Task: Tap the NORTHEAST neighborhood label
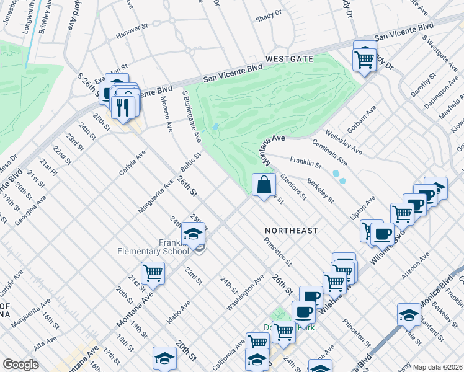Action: [x=294, y=231]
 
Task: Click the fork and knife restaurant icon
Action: [x=123, y=107]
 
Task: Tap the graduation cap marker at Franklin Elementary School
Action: [x=194, y=234]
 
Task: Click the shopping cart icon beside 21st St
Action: [x=153, y=273]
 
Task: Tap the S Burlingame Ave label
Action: [x=192, y=115]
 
